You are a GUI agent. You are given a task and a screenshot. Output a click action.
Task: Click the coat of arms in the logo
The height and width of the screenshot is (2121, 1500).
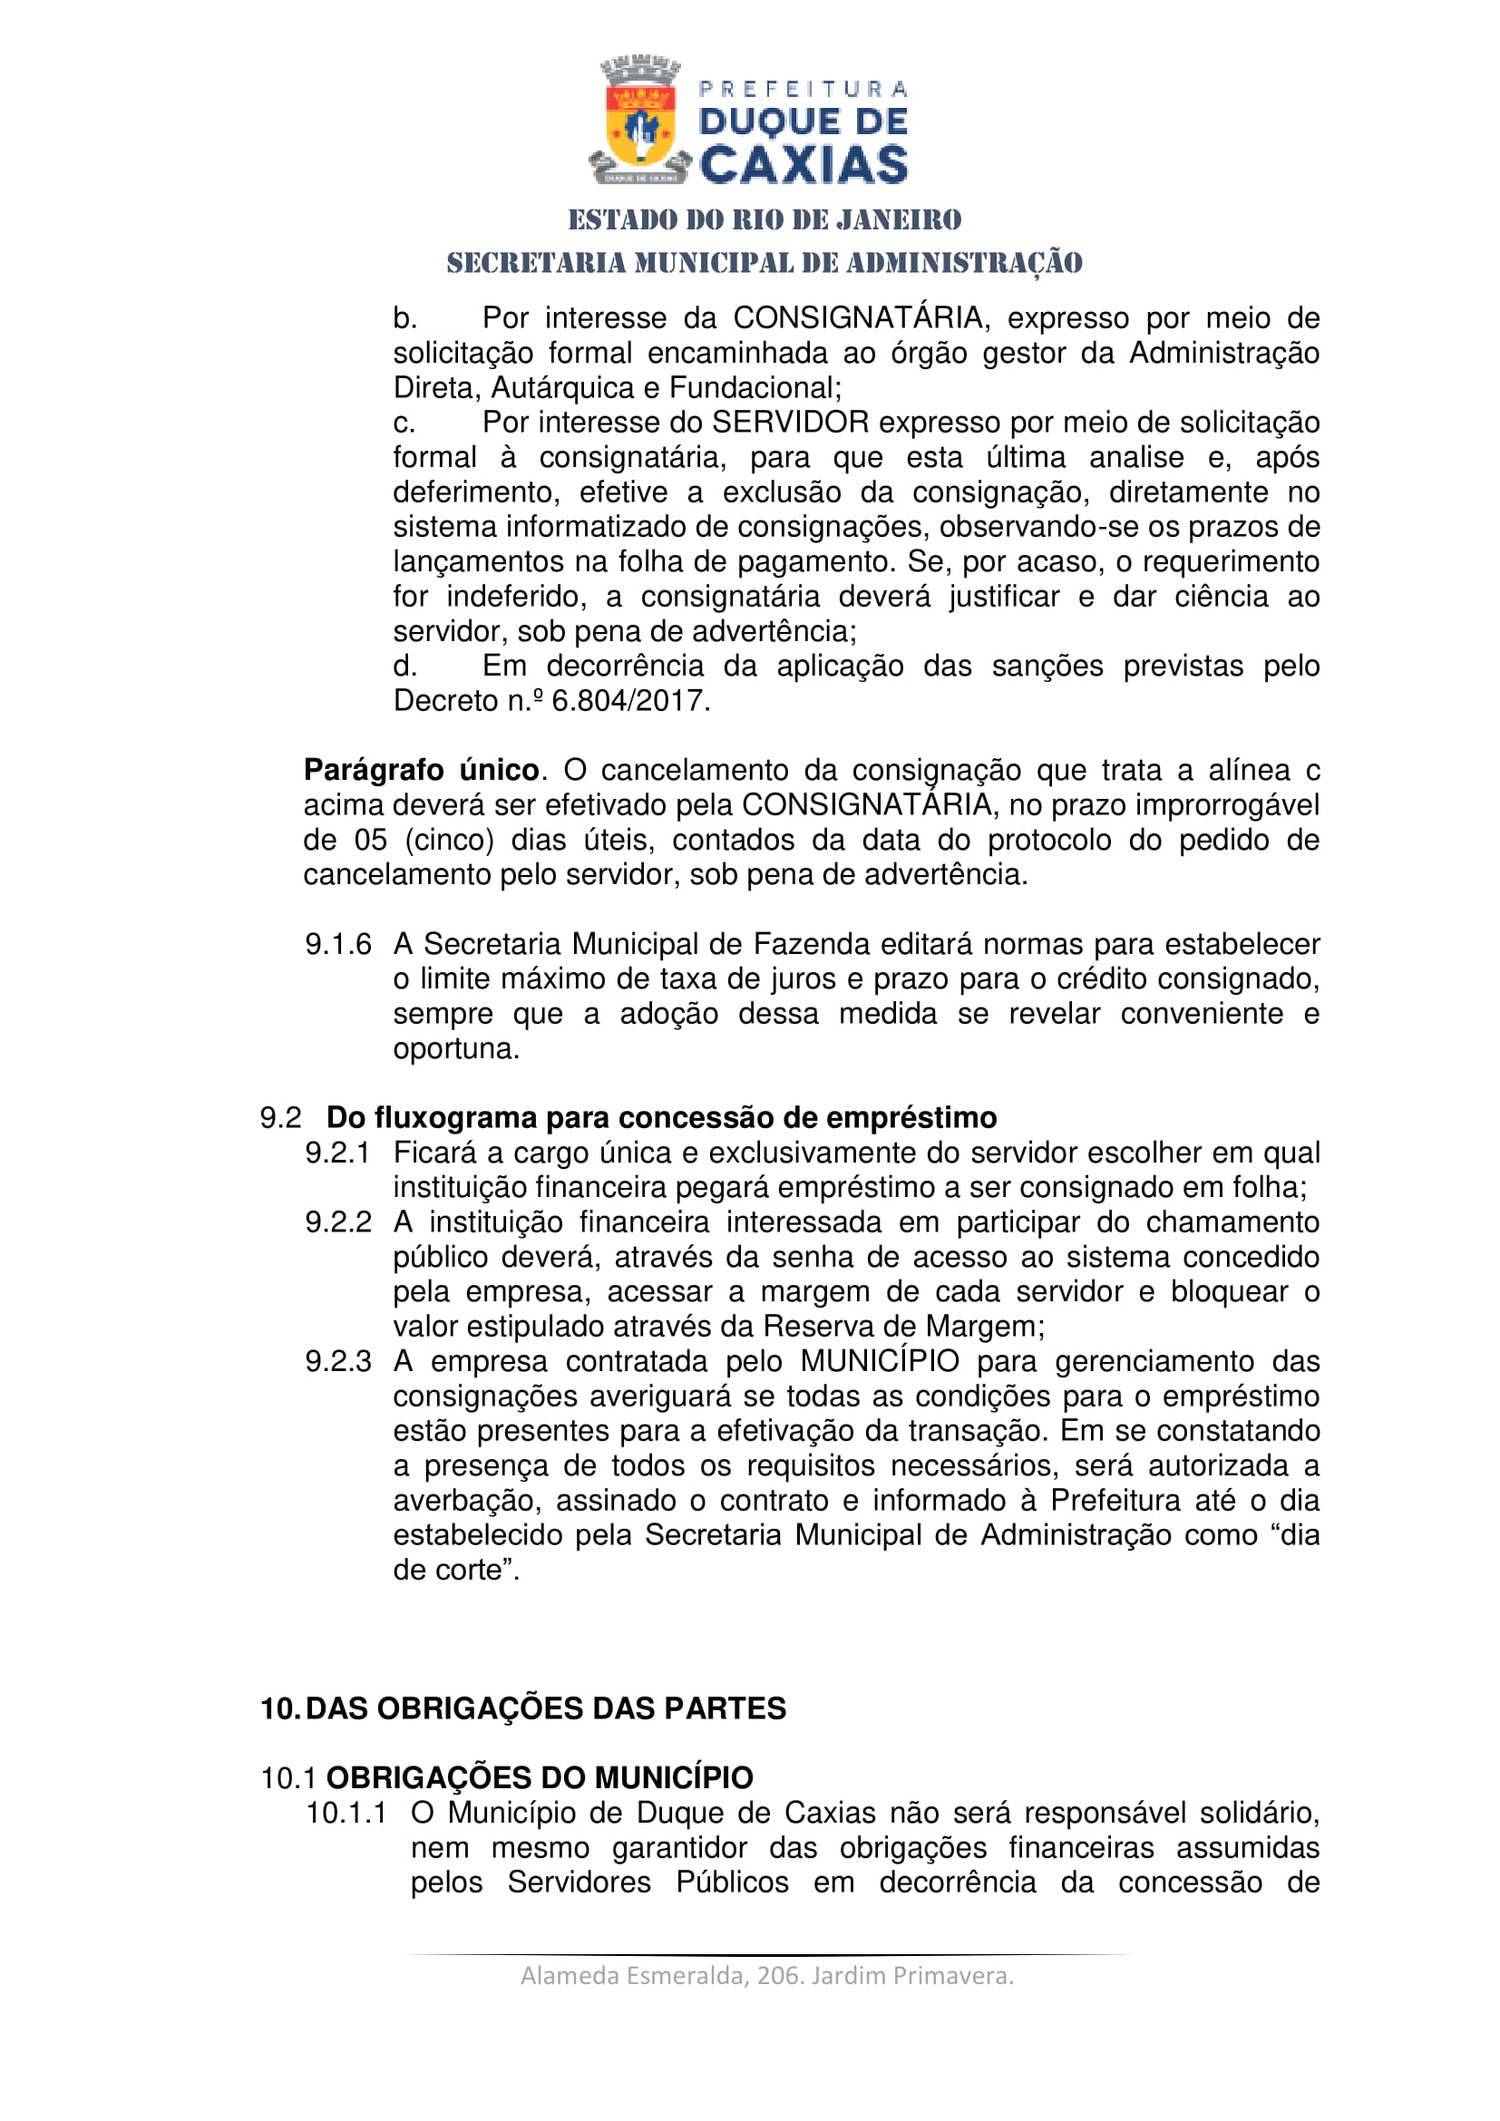(639, 122)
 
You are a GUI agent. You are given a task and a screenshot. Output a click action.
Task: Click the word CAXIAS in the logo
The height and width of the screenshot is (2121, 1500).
(804, 165)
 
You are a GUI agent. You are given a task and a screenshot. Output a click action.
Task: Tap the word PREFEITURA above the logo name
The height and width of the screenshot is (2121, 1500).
(803, 90)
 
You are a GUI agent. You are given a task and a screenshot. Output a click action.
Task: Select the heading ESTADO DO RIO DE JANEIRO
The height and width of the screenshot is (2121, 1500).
(765, 219)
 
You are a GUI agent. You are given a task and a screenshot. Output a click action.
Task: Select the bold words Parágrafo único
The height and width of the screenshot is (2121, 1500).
(421, 771)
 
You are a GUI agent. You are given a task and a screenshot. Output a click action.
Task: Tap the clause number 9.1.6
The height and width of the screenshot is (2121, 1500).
(338, 944)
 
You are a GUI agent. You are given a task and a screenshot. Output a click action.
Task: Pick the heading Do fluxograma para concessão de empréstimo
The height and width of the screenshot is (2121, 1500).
(661, 1118)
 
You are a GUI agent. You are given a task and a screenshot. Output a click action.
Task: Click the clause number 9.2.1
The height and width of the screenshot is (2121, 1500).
(338, 1153)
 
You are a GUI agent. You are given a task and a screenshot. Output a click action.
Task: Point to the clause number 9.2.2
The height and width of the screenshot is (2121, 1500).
(338, 1222)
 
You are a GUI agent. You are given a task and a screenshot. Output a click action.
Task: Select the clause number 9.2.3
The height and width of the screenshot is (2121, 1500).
(338, 1362)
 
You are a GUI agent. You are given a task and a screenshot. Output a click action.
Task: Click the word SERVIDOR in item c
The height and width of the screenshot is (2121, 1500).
(790, 423)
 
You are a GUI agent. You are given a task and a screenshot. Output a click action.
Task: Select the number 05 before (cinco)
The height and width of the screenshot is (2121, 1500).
(370, 840)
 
